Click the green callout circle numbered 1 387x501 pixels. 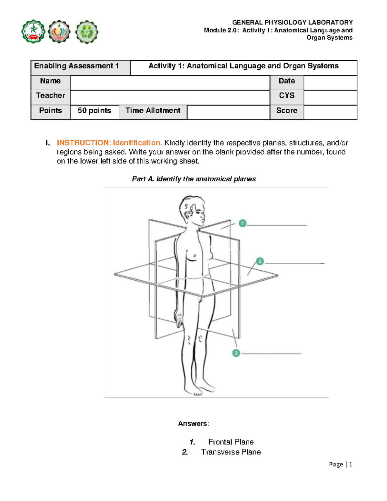point(243,223)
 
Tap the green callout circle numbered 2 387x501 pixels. point(260,261)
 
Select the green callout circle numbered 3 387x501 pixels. point(236,353)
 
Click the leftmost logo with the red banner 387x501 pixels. point(33,32)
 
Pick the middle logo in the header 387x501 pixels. point(59,32)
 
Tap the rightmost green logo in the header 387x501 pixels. point(86,32)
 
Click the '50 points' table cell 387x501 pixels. point(94,111)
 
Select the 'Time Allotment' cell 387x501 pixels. point(153,111)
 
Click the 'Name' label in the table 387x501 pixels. point(50,81)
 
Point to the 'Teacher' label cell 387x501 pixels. point(50,95)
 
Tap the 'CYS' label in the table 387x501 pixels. point(287,95)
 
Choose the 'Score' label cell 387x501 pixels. point(287,111)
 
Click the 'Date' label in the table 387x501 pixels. point(287,81)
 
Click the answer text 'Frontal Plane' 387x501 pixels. point(231,442)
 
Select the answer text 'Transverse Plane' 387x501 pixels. point(231,452)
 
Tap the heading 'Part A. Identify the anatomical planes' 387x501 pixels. point(194,179)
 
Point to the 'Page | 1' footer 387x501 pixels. point(340,465)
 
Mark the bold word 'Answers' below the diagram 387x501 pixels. point(193,424)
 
